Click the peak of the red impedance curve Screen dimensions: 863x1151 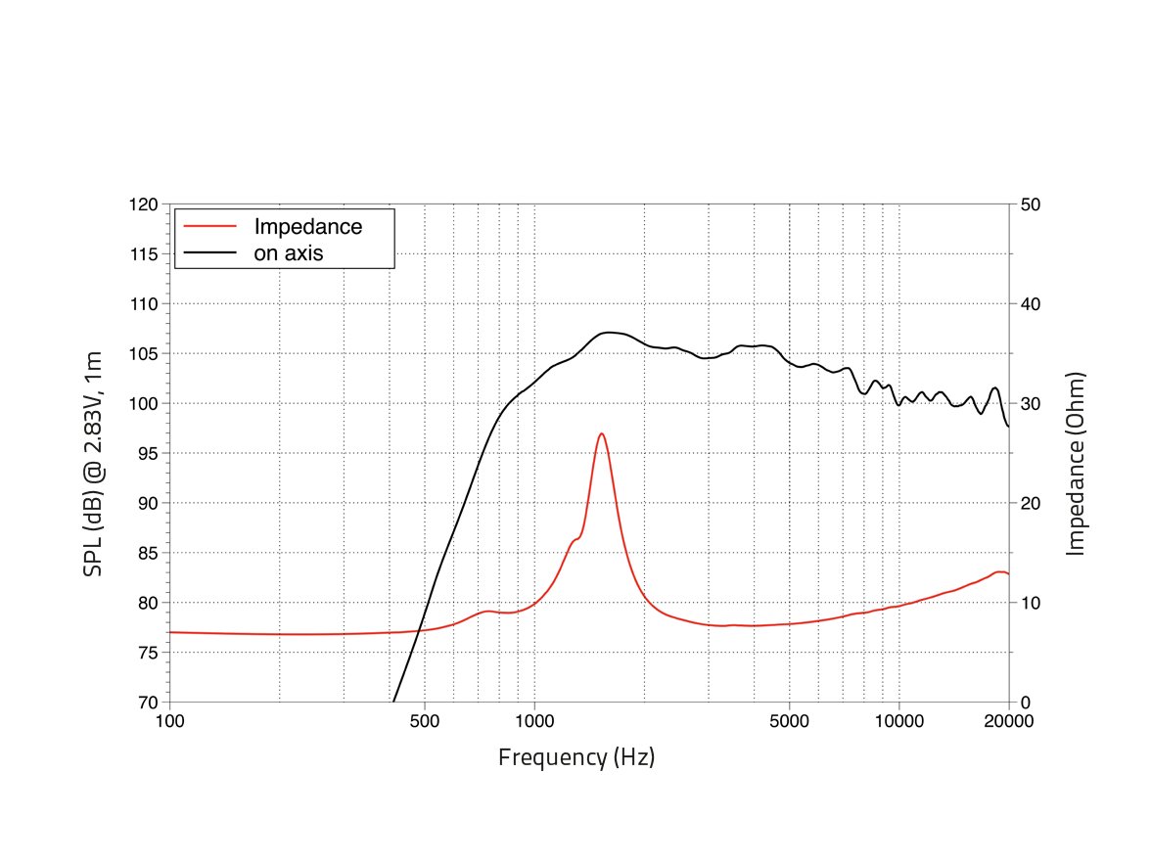(x=601, y=433)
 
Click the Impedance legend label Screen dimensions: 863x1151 (x=307, y=227)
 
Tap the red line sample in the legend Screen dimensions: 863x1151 (x=210, y=227)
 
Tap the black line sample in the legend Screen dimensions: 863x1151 (x=210, y=252)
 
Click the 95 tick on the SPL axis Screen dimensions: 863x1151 (x=148, y=454)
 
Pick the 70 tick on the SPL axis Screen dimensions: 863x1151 (x=148, y=703)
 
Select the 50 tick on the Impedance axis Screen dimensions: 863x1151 (x=1030, y=205)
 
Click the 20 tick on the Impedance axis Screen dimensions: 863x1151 (x=1030, y=504)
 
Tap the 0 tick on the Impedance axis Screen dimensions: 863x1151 (x=1025, y=703)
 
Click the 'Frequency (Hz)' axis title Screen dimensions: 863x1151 (x=576, y=757)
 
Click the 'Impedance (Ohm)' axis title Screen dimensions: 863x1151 (x=1076, y=464)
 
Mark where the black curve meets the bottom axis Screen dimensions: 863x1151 (x=392, y=701)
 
